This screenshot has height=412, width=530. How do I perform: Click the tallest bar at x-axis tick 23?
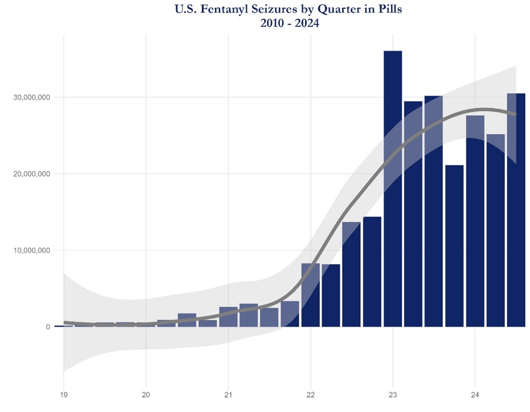click(x=393, y=187)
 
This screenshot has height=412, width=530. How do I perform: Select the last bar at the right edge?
click(x=516, y=211)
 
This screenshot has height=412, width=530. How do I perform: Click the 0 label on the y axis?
click(x=48, y=327)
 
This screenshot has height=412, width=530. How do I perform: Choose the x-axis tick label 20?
click(x=146, y=395)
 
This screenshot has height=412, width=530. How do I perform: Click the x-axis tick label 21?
click(x=228, y=395)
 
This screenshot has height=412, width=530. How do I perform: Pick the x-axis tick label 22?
click(x=310, y=395)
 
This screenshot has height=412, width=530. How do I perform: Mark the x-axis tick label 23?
click(x=393, y=395)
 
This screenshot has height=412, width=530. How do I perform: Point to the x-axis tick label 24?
click(x=475, y=395)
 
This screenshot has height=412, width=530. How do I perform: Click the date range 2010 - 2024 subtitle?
click(x=289, y=23)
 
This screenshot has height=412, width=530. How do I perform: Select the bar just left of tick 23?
click(x=372, y=272)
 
